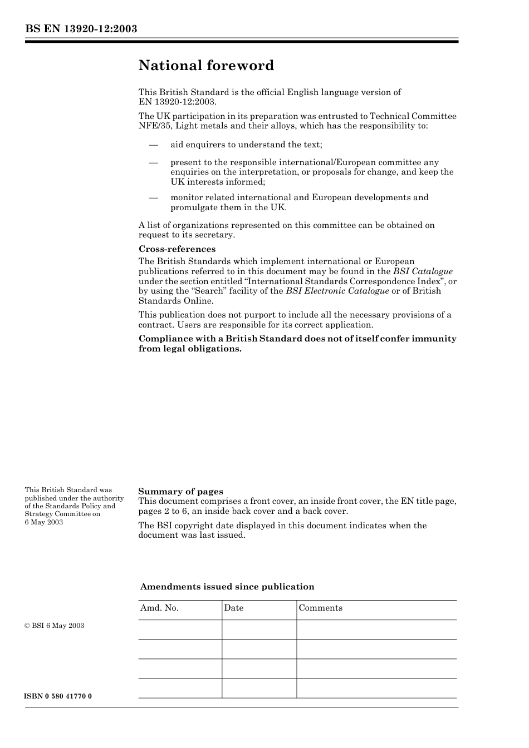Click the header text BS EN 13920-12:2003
point(81,29)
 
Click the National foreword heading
point(206,66)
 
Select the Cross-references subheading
point(177,249)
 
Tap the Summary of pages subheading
point(180,491)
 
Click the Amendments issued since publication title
point(227,587)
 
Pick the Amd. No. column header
point(159,608)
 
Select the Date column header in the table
point(234,608)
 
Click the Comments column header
point(321,608)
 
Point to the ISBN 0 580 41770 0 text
point(58,696)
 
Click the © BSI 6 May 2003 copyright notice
point(55,626)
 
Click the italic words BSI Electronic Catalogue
point(337,291)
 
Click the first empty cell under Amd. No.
point(180,630)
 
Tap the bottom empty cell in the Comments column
point(376,688)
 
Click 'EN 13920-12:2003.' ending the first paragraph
point(178,102)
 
